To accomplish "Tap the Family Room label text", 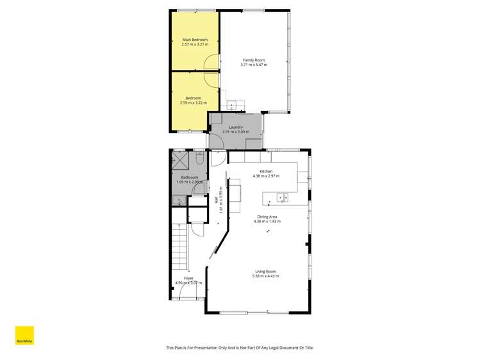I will [x=254, y=60].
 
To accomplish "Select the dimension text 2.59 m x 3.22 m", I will [x=194, y=102].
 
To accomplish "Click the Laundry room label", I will [x=235, y=127].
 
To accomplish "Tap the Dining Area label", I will [x=267, y=217].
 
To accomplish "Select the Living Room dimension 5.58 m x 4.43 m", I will [x=267, y=275].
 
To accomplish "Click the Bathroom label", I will [x=190, y=177].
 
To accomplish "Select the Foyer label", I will [x=188, y=278].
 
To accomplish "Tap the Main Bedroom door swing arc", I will [x=210, y=62].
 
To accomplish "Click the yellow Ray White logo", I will [x=24, y=335].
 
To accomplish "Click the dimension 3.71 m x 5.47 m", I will [x=254, y=65].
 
